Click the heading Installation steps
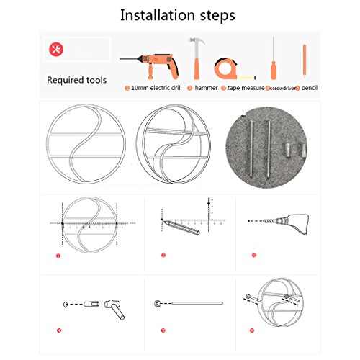click(178, 15)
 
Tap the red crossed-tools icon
click(56, 50)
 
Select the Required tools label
click(77, 80)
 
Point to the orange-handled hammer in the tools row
click(197, 58)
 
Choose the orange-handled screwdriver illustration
click(274, 58)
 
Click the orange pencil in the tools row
click(305, 61)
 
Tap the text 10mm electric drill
click(156, 88)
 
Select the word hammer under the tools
click(206, 88)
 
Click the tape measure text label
click(246, 88)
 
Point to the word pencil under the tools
click(310, 88)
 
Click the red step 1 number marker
click(58, 256)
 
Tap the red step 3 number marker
click(254, 255)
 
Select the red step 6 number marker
click(252, 330)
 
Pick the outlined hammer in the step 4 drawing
click(114, 309)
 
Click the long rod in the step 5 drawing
click(197, 303)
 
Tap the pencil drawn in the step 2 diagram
click(181, 227)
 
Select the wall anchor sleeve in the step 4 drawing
click(91, 304)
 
